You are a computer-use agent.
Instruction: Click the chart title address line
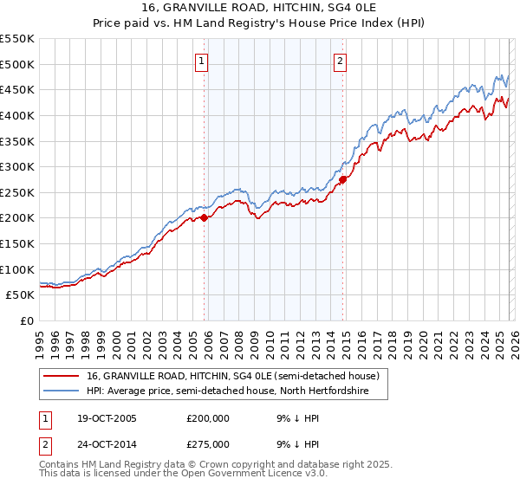[x=259, y=8]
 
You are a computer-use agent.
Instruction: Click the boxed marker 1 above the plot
[x=201, y=61]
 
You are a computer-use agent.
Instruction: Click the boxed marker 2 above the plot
[x=340, y=61]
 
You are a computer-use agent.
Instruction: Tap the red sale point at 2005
[x=205, y=218]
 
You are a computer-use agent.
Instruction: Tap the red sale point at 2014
[x=343, y=179]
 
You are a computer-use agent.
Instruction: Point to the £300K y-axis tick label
[x=17, y=166]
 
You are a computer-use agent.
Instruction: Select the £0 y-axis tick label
[x=28, y=320]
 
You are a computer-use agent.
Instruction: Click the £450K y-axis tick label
[x=17, y=89]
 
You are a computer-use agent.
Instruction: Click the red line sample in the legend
[x=62, y=377]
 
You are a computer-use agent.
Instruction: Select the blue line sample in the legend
[x=62, y=391]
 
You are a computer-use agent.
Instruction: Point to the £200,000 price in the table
[x=210, y=418]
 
